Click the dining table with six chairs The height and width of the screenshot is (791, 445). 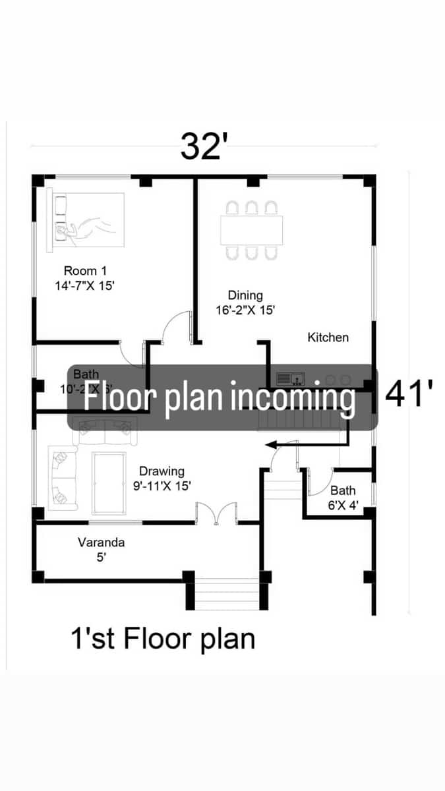251,230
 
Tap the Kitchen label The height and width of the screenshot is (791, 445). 328,337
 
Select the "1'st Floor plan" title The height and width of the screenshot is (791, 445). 163,639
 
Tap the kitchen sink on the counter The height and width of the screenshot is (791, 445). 290,379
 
